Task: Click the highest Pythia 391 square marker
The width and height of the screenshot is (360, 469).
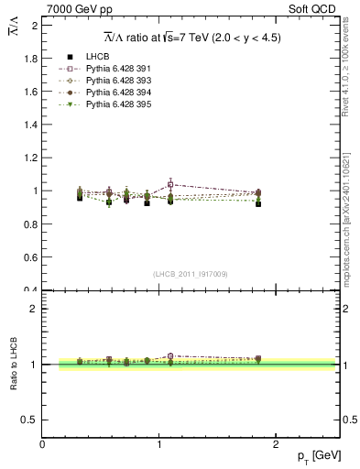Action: coord(171,185)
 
